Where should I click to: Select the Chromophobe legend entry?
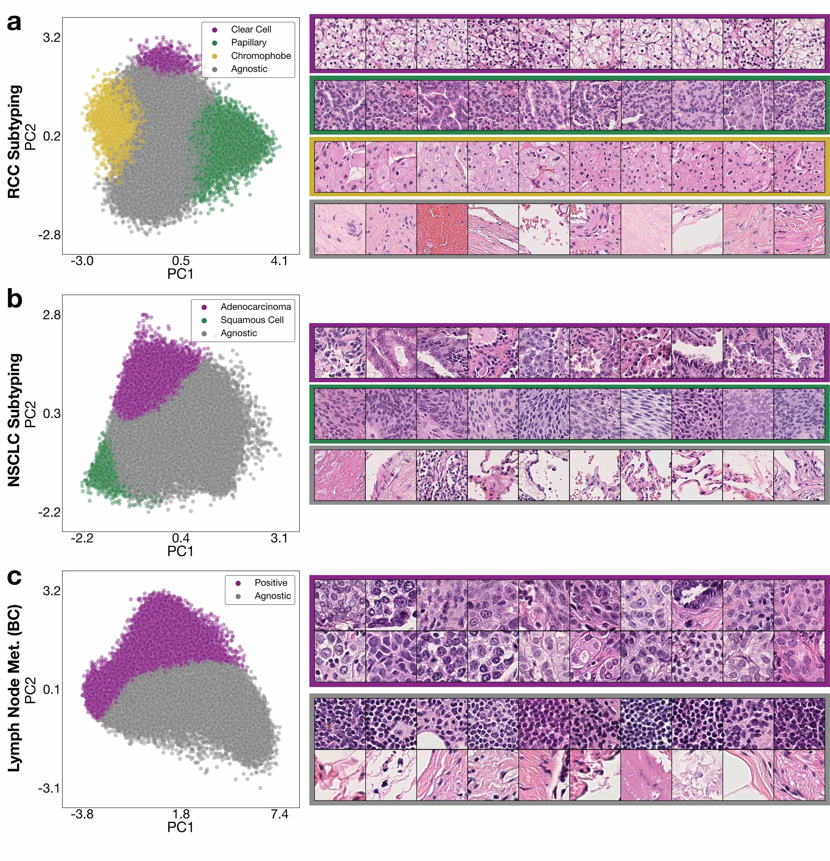260,56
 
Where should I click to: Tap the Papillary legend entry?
248,43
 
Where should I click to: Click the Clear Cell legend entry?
250,29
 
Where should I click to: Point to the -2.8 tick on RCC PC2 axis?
49,235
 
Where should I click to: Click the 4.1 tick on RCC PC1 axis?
279,261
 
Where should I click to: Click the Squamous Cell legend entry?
252,320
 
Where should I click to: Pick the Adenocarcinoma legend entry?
255,307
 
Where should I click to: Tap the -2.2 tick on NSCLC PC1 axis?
82,538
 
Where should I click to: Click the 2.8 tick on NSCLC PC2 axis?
52,315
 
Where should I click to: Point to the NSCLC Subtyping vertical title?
15,420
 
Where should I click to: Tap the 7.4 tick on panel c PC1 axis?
279,814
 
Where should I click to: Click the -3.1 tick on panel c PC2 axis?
49,788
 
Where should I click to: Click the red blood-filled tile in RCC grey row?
442,229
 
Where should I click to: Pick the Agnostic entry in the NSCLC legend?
238,333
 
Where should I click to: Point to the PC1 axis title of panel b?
180,551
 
